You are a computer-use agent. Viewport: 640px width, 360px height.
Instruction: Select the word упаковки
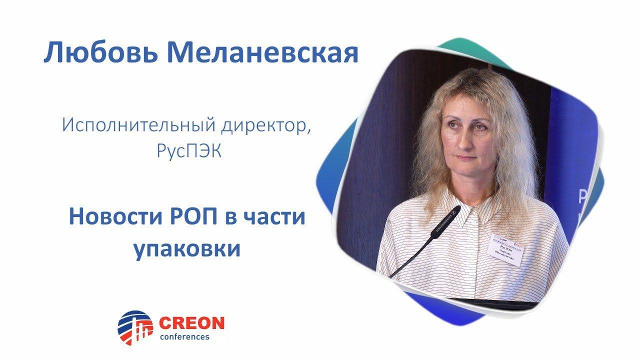(x=187, y=248)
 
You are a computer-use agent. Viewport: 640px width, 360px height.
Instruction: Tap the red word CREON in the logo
(x=191, y=323)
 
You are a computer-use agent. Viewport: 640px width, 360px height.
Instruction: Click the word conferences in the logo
(x=184, y=336)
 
